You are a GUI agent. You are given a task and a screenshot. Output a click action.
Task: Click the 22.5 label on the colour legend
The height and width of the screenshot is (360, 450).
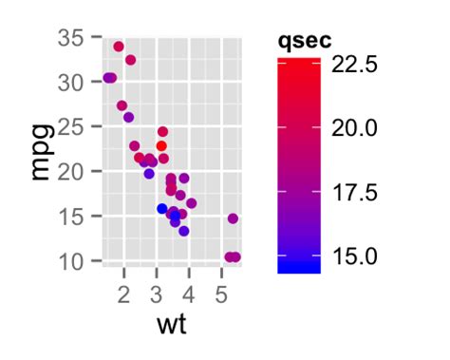click(356, 65)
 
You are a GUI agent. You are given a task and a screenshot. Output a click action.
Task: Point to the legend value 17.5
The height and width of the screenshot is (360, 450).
click(356, 192)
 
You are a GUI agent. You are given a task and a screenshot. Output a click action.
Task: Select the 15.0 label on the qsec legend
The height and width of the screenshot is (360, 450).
click(356, 256)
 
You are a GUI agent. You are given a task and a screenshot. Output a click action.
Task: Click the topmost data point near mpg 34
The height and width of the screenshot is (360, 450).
click(119, 47)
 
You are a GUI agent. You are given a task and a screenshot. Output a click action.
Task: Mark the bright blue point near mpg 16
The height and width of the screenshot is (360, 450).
click(162, 208)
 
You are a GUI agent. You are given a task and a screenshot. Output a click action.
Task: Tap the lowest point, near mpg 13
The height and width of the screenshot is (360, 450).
click(184, 231)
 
